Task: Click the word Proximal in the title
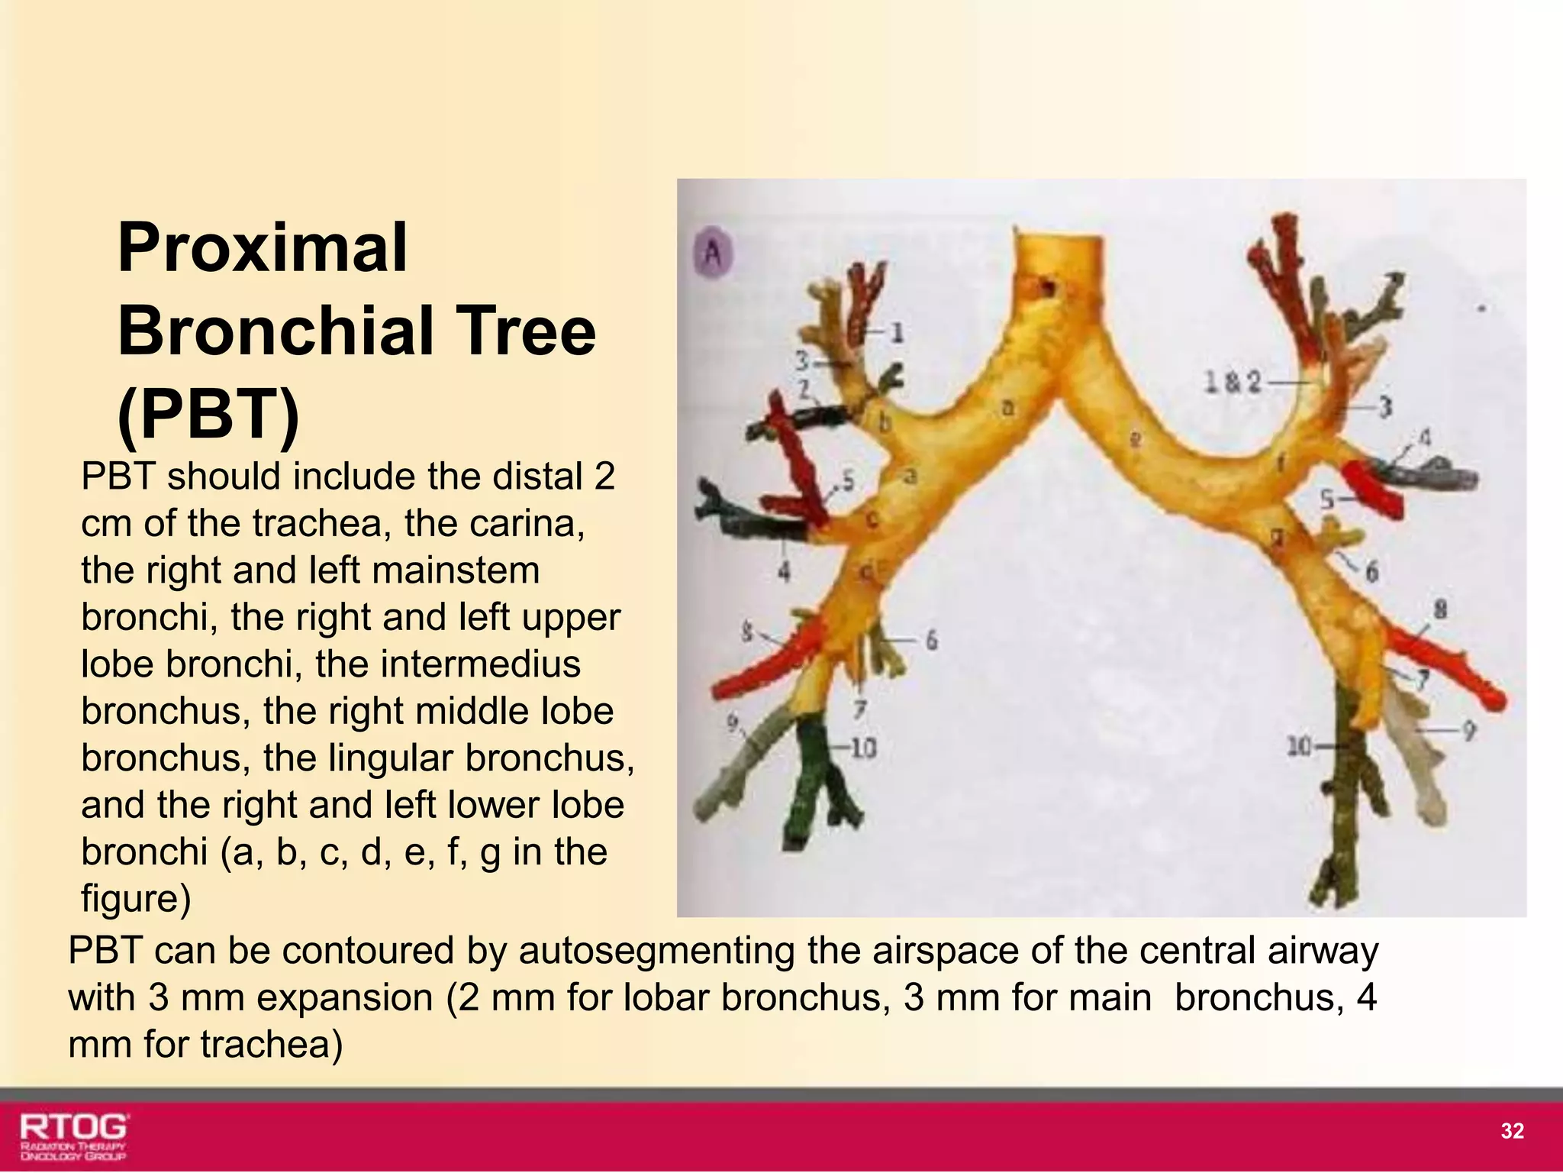tap(263, 247)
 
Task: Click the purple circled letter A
tap(713, 253)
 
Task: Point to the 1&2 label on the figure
tap(1232, 381)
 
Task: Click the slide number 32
tap(1512, 1131)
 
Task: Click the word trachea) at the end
tap(271, 1045)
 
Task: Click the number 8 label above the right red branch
tap(1440, 609)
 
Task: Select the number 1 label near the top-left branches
tap(897, 332)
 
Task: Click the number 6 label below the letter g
tap(1371, 570)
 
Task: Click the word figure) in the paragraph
tap(136, 899)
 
